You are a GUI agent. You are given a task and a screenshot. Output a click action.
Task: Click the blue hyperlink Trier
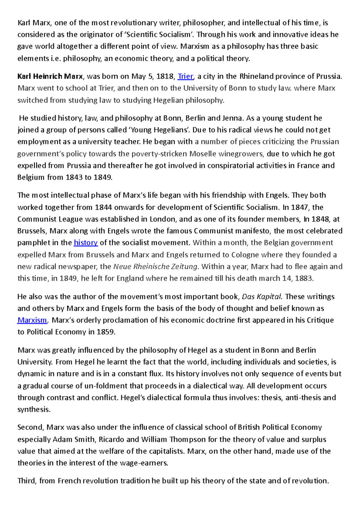point(185,76)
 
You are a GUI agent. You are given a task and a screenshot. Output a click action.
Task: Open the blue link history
point(86,243)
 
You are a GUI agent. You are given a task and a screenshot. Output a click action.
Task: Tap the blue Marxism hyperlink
point(32,320)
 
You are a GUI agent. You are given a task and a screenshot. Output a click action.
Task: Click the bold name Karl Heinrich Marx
point(50,76)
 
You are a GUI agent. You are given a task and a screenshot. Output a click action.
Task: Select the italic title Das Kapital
point(262,297)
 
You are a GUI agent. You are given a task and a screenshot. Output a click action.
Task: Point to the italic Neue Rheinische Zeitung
point(155,266)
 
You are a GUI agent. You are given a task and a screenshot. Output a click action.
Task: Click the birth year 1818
point(165,76)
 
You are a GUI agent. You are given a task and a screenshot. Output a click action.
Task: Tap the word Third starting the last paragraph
point(27,481)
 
